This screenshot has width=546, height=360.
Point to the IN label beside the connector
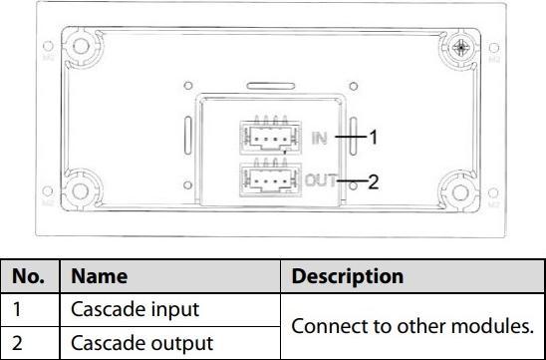click(x=318, y=138)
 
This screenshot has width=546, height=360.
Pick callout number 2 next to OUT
click(x=374, y=182)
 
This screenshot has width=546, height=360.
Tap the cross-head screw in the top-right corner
click(x=461, y=47)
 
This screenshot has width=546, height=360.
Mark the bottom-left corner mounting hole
click(x=75, y=190)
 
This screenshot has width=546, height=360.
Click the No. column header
click(x=30, y=276)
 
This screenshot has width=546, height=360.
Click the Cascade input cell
click(x=122, y=309)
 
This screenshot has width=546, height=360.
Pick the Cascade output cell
click(x=127, y=342)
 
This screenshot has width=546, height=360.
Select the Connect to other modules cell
click(x=411, y=326)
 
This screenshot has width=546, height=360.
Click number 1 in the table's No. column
click(x=17, y=309)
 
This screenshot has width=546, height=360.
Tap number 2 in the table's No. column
click(x=17, y=342)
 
